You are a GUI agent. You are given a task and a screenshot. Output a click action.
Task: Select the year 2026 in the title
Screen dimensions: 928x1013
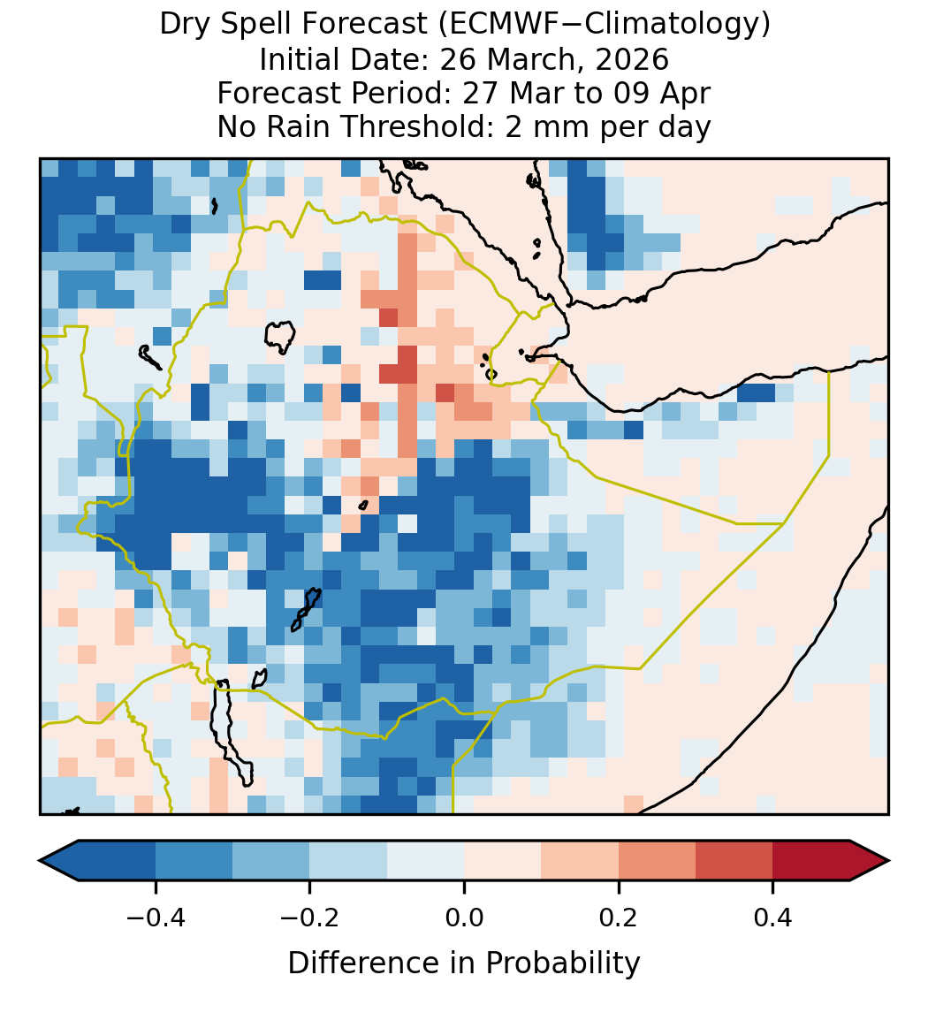[x=632, y=59]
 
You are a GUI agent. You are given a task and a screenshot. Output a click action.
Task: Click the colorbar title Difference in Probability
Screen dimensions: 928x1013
[x=464, y=963]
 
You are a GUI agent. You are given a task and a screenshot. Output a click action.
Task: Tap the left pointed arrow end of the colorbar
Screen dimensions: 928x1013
[x=59, y=861]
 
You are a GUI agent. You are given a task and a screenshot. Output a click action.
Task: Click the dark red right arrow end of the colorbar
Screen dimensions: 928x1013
[x=870, y=861]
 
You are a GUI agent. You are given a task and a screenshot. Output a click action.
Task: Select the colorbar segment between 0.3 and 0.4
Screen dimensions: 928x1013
[x=734, y=861]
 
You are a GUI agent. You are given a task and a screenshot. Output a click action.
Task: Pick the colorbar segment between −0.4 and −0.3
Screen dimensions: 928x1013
[x=194, y=861]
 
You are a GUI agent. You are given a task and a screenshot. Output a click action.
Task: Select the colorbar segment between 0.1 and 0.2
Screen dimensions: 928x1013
[x=580, y=861]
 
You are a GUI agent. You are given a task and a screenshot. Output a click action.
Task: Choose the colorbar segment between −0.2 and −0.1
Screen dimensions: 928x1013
[x=348, y=861]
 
